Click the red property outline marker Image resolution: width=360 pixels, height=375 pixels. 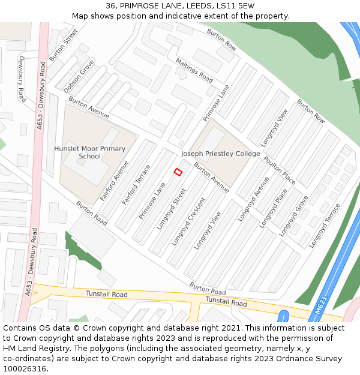click(x=178, y=172)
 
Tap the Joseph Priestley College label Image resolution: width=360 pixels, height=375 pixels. click(x=220, y=154)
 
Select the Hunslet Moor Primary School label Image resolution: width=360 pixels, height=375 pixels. click(x=90, y=152)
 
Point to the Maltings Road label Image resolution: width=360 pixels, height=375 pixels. click(x=194, y=70)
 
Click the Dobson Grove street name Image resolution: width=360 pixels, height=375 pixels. click(x=79, y=76)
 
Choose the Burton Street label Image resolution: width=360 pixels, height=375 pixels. click(x=64, y=45)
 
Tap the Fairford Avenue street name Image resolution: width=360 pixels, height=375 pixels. click(x=114, y=181)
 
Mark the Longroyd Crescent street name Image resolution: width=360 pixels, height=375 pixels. click(x=188, y=221)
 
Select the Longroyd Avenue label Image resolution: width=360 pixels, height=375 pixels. click(x=253, y=199)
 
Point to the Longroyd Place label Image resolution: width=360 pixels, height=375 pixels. click(x=273, y=208)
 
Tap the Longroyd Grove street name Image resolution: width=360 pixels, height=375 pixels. click(x=293, y=215)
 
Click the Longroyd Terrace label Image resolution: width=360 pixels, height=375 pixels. click(x=325, y=226)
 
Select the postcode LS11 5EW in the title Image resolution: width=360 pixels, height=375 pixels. click(x=235, y=5)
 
